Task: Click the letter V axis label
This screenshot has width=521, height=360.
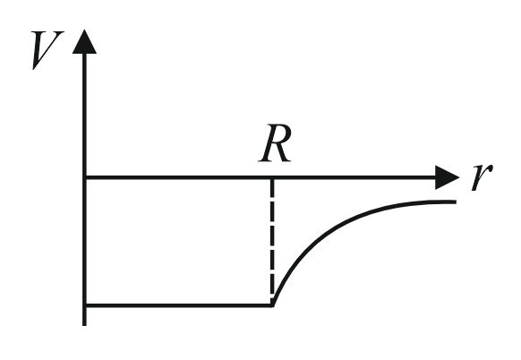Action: (47, 50)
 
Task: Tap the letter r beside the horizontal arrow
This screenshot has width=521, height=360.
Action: (482, 176)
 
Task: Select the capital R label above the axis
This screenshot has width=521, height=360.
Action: (275, 143)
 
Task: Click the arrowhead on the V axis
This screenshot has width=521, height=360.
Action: (84, 42)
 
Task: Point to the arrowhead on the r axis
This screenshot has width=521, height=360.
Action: (448, 177)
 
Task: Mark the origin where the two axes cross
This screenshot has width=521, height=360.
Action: (84, 177)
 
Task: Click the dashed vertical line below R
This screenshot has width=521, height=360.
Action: (272, 239)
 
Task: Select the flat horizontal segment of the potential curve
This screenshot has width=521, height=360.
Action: (178, 304)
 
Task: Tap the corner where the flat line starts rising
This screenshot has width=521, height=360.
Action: (272, 304)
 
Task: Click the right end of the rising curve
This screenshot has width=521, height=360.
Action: (456, 201)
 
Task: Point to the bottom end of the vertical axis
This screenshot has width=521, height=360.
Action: (84, 325)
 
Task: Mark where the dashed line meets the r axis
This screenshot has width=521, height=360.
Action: (272, 178)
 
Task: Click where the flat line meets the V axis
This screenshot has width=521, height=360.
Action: (84, 304)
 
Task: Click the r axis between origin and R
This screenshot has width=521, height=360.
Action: (178, 177)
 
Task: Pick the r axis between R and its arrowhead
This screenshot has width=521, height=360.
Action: (354, 177)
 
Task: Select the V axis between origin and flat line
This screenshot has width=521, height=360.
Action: (84, 241)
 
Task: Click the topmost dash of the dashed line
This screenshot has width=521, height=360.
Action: (272, 187)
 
